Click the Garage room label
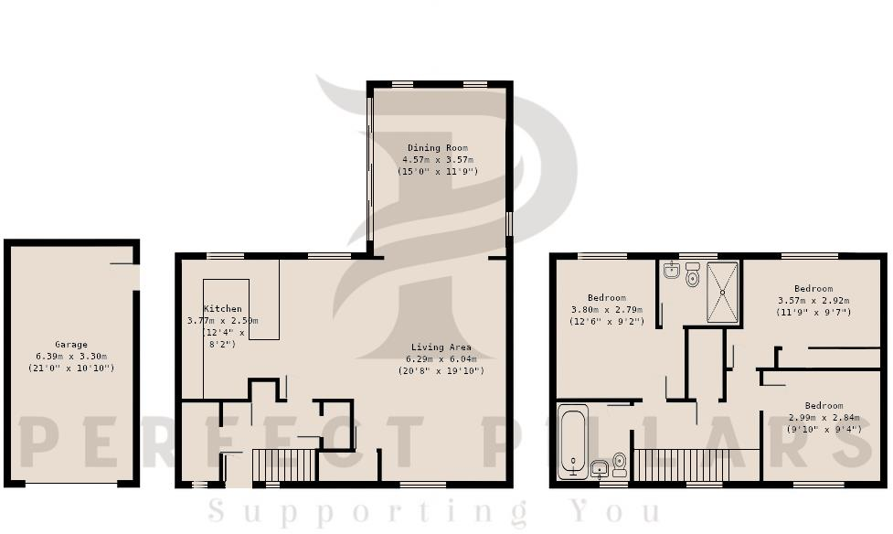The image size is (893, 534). (x=70, y=345)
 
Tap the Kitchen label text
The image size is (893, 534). (x=223, y=309)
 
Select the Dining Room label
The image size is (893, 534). (x=437, y=148)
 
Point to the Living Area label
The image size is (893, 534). (x=441, y=347)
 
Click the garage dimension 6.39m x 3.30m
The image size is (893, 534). (x=70, y=357)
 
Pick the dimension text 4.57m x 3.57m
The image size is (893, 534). (x=437, y=160)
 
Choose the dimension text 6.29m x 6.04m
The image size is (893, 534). (x=441, y=359)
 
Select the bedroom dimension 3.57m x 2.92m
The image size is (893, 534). (x=813, y=301)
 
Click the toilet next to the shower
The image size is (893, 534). (x=692, y=276)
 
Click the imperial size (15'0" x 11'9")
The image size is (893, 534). (x=437, y=172)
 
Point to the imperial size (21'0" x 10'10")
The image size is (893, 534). (x=70, y=368)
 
